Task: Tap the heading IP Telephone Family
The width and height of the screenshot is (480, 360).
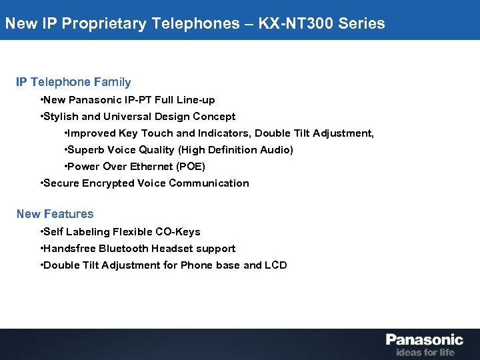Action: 73,82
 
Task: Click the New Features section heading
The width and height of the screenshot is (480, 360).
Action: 55,214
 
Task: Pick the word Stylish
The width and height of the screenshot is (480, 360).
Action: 62,117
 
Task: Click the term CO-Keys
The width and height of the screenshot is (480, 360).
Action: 177,232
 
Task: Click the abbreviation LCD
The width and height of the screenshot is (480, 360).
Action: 276,265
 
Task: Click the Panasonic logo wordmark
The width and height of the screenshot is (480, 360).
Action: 424,340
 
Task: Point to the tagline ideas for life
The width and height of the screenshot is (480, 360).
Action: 425,352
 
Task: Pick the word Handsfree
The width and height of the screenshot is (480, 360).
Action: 69,249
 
